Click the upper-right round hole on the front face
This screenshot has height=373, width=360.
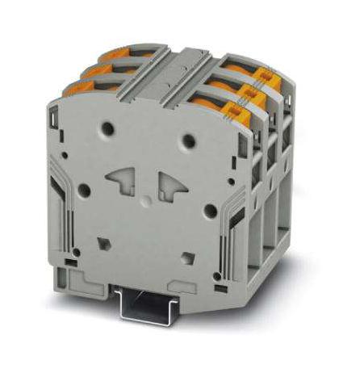[x=188, y=140]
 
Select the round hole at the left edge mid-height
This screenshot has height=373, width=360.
[x=82, y=191]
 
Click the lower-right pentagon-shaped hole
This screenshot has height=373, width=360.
[x=186, y=257]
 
